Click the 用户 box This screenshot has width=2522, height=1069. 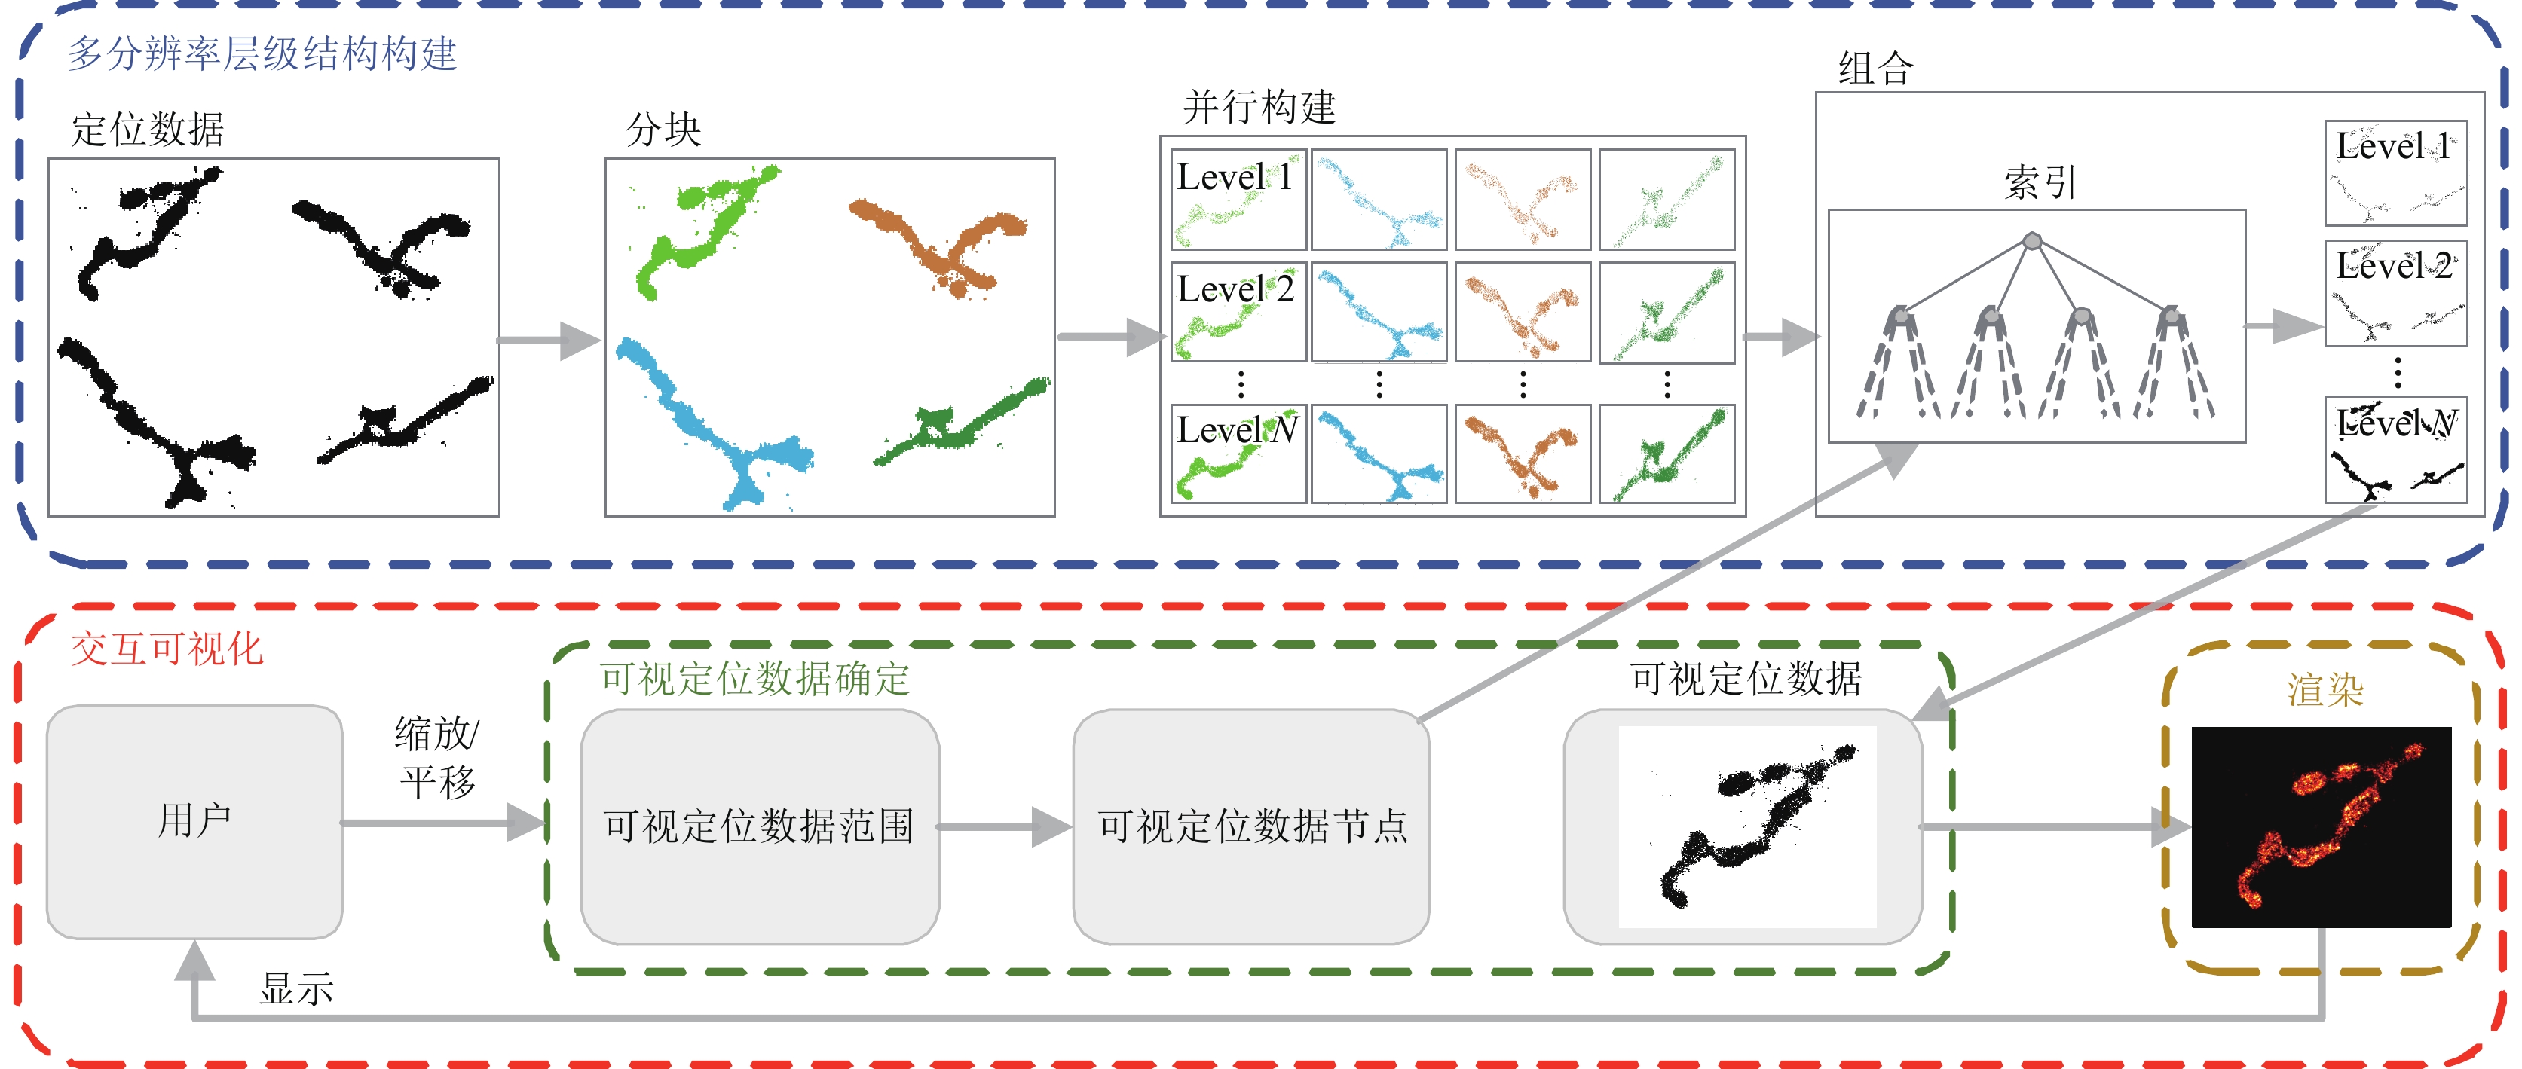(194, 820)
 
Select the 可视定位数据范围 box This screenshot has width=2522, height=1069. (759, 826)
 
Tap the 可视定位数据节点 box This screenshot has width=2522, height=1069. (1251, 826)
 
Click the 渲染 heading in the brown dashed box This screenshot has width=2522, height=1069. (2325, 690)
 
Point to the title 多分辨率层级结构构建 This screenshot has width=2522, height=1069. (262, 53)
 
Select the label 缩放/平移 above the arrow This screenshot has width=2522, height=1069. (436, 756)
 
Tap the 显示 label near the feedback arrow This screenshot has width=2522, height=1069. (295, 988)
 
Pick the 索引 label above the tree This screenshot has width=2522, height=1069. (2040, 182)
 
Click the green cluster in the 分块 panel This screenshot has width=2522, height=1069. (700, 230)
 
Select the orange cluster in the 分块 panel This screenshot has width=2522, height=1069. (940, 245)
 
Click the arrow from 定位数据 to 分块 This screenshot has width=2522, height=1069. (548, 341)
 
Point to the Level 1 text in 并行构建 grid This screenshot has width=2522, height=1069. (1234, 177)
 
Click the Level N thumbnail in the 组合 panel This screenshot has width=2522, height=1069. (2395, 451)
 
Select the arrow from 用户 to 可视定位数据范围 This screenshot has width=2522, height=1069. (441, 823)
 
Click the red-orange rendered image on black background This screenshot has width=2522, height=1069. (2320, 827)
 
